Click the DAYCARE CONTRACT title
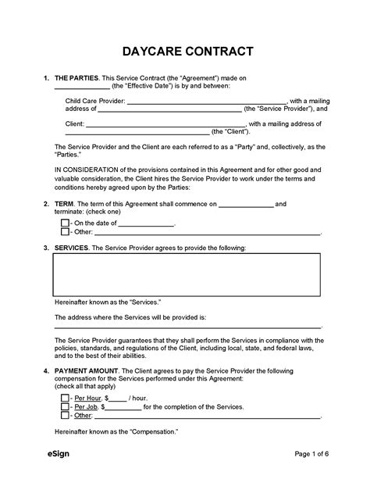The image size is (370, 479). (186, 52)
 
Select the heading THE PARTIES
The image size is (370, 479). (76, 79)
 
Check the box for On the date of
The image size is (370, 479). (65, 222)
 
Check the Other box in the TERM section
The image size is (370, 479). (65, 231)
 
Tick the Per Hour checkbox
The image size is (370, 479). (65, 397)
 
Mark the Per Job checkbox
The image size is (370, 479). (65, 406)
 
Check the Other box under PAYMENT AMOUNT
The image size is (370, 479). (65, 416)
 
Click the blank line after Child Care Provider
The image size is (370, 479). (206, 102)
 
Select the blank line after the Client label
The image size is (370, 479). (165, 123)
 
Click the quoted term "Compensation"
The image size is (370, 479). (152, 432)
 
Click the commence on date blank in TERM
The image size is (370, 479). (245, 205)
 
